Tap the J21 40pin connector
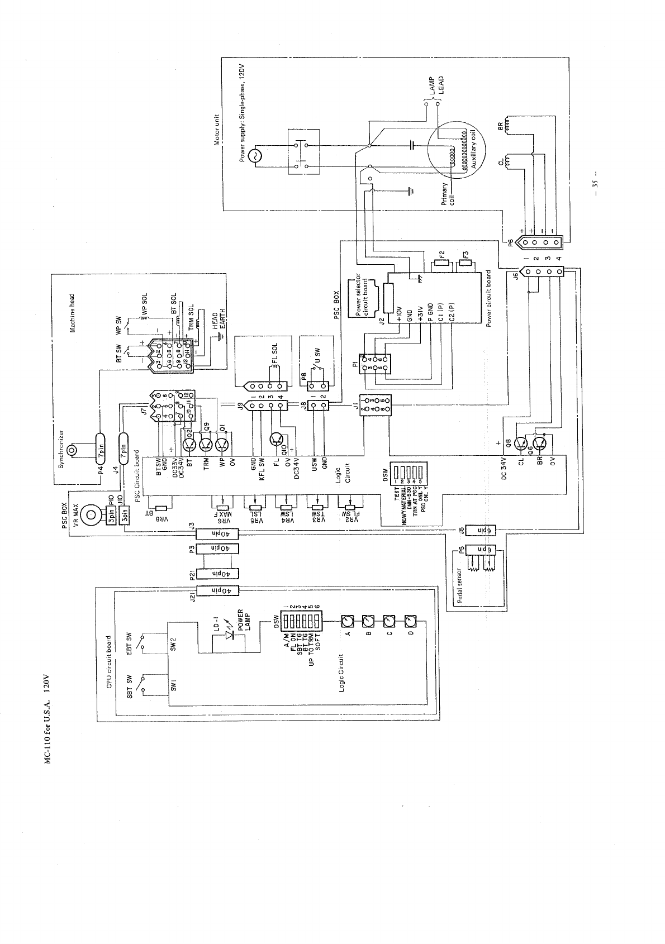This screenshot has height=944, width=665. (216, 590)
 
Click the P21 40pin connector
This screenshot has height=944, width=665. (216, 573)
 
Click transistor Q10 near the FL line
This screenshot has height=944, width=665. (277, 440)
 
